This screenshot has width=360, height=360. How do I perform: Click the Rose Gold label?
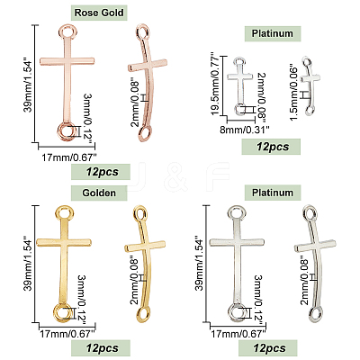coord(99,13)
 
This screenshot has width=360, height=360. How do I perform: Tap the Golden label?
coord(99,193)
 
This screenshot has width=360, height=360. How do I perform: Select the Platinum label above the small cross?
coord(273,33)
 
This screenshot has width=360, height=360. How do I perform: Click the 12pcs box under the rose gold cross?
coord(101,172)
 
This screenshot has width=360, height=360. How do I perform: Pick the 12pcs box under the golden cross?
coord(101,348)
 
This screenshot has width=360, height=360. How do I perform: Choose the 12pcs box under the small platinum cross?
coord(271,147)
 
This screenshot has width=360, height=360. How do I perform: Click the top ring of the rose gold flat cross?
coord(71,31)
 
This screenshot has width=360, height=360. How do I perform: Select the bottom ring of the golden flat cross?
coord(63,312)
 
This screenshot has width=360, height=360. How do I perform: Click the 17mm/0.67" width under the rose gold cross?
coord(69,157)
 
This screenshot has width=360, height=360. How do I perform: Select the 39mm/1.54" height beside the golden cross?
coord(29,265)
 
